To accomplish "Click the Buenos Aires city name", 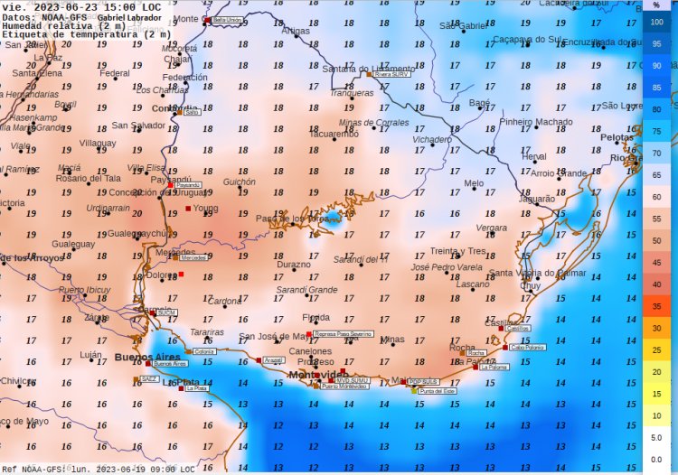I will (x=149, y=358).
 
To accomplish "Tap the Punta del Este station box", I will (x=436, y=391).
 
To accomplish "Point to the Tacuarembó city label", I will (x=334, y=134).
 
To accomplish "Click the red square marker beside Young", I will (x=188, y=209).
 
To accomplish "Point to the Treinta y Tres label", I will (x=457, y=251).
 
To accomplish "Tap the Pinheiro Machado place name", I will (x=536, y=122).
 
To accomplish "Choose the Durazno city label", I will (x=293, y=265).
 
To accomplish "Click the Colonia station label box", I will (x=204, y=351).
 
